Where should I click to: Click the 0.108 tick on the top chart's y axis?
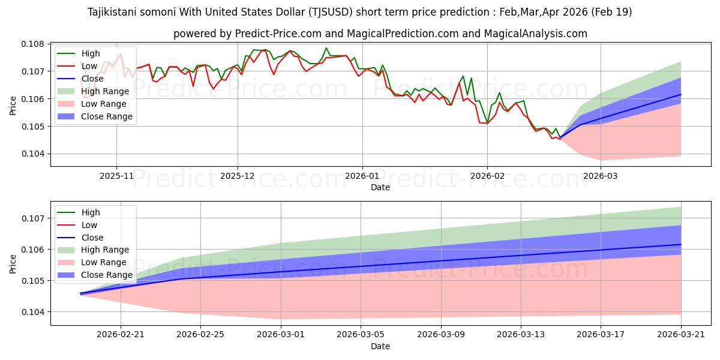click(33, 44)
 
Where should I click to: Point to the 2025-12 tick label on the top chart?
click(238, 176)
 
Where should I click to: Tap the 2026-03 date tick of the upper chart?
click(600, 176)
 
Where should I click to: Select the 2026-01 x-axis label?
click(362, 176)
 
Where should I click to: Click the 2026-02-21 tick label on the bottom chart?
click(121, 334)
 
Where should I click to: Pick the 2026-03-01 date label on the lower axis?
click(281, 334)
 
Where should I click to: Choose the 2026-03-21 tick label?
click(681, 334)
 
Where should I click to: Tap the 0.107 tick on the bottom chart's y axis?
click(33, 218)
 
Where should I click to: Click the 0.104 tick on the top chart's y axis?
click(33, 154)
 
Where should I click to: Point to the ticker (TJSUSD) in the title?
click(331, 12)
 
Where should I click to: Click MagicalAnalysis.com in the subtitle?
click(535, 34)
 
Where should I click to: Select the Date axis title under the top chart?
click(380, 187)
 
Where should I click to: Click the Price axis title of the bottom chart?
click(13, 264)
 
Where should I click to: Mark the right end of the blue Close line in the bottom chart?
click(681, 245)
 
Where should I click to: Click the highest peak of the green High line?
click(326, 48)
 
